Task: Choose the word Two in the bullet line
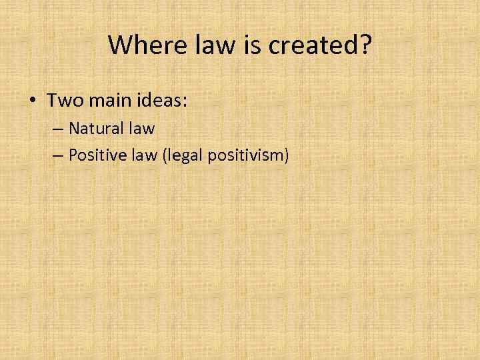[63, 101]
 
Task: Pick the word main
[104, 101]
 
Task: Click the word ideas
[158, 101]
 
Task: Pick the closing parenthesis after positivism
[287, 156]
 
